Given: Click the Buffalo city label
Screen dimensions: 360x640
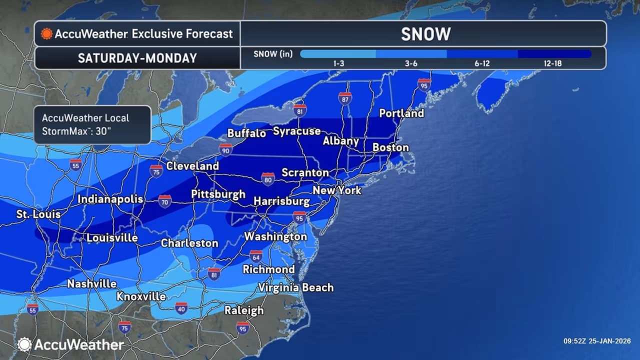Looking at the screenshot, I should [246, 133].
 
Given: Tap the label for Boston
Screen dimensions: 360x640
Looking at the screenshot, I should [390, 147].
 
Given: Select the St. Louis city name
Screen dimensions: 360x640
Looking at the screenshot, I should [38, 214].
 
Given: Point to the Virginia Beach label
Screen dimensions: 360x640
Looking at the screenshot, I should [295, 287].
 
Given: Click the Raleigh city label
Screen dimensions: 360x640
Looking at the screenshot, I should [243, 310].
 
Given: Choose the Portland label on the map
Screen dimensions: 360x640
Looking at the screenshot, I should [401, 113].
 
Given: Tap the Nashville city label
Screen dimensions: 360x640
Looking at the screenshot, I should [92, 284].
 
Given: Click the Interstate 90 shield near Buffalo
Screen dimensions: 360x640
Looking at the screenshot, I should [225, 149].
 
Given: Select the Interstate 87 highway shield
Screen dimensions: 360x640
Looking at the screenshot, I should [345, 98].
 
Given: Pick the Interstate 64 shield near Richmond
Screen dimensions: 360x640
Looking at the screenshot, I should [256, 256].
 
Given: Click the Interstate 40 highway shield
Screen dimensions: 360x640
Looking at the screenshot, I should [181, 307].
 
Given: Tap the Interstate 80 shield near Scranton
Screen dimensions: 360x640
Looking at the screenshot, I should [268, 178].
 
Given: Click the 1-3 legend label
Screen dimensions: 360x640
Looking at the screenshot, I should [338, 63].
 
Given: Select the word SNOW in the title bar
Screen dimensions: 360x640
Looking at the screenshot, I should [425, 34].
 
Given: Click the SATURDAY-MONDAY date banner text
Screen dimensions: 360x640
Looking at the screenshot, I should [137, 58].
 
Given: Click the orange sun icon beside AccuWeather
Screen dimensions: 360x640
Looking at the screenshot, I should [46, 34].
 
